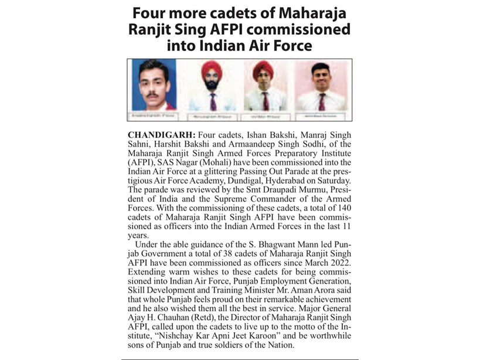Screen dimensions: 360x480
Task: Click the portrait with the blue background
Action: click(x=154, y=86)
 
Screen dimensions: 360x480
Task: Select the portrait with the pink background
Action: click(x=320, y=86)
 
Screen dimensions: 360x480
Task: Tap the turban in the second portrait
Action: click(x=211, y=70)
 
